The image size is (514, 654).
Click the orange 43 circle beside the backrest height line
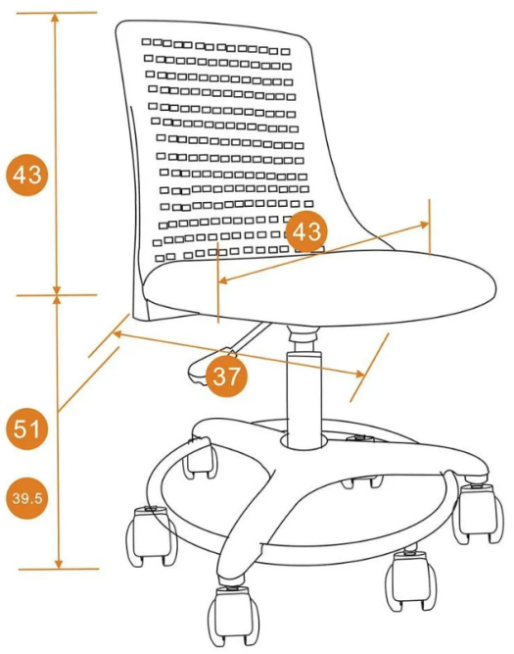pyautogui.click(x=26, y=175)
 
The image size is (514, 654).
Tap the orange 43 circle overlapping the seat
pyautogui.click(x=306, y=231)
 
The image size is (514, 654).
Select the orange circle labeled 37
pyautogui.click(x=226, y=377)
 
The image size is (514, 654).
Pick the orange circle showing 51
pyautogui.click(x=26, y=428)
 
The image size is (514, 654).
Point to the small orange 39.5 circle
pyautogui.click(x=27, y=498)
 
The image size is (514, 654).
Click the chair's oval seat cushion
pyautogui.click(x=318, y=288)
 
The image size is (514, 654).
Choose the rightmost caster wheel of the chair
pyautogui.click(x=478, y=514)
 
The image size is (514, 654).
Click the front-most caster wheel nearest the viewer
pyautogui.click(x=234, y=618)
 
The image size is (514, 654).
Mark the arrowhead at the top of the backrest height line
pyautogui.click(x=56, y=18)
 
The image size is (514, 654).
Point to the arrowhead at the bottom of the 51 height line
pyautogui.click(x=59, y=563)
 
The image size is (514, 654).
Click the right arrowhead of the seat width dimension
pyautogui.click(x=424, y=225)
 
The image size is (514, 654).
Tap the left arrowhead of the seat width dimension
pyautogui.click(x=223, y=280)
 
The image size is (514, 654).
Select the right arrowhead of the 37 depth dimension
pyautogui.click(x=360, y=374)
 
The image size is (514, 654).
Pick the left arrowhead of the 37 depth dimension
pyautogui.click(x=117, y=333)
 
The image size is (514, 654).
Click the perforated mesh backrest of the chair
pyautogui.click(x=225, y=146)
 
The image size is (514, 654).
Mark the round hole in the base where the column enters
pyautogui.click(x=304, y=441)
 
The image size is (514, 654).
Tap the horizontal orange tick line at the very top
pyautogui.click(x=57, y=13)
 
